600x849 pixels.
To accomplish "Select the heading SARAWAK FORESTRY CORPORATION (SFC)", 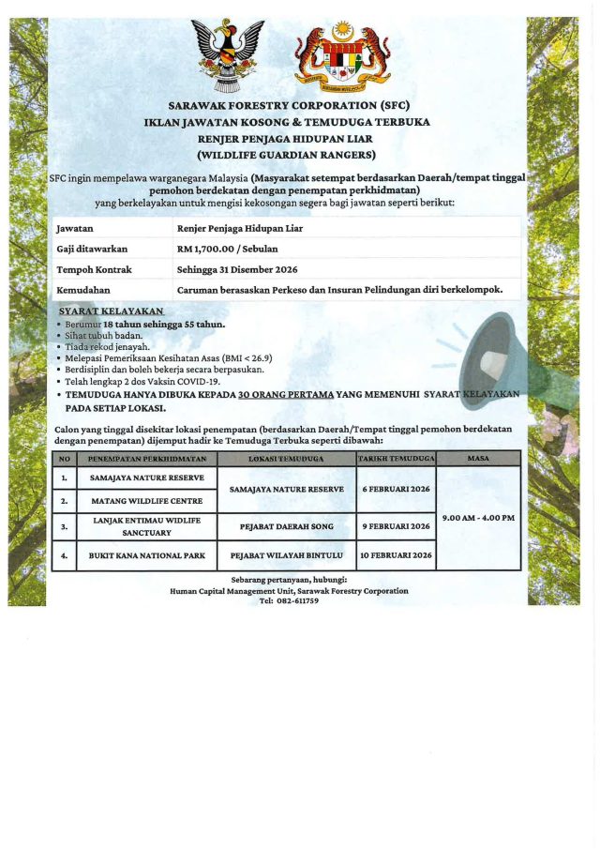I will click(288, 105).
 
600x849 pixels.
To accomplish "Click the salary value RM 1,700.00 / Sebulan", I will click(227, 249).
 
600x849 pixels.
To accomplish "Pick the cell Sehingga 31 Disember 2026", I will click(237, 269).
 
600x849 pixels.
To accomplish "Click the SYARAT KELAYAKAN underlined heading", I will click(111, 311).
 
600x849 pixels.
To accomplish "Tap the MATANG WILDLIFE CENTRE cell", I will click(146, 501).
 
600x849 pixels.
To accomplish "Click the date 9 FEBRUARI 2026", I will click(396, 526).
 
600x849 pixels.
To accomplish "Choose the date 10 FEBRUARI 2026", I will click(396, 555).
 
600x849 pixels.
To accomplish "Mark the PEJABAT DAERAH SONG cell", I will click(286, 526).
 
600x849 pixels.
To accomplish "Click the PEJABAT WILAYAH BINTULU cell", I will click(286, 555).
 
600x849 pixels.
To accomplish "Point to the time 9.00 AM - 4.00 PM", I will click(477, 518).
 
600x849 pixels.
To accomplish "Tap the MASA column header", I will click(477, 459).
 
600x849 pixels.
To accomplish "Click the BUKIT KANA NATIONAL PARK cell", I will click(146, 555).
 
